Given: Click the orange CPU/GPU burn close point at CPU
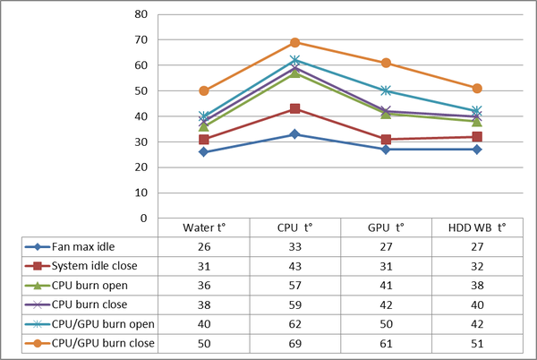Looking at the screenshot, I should coord(295,42).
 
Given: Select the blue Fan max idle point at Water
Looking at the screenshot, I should coord(204,152).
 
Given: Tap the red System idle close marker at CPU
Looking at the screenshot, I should coord(295,108).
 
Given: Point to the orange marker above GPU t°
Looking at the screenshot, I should coord(386,63).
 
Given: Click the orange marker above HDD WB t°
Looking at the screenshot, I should coord(477,89).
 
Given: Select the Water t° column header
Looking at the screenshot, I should coord(204,227).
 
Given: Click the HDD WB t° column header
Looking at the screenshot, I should coord(477,227).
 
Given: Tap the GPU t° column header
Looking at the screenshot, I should coord(386,227).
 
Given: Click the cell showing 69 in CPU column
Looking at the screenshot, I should coord(295,343).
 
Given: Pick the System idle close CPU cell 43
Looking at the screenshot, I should coord(295,266).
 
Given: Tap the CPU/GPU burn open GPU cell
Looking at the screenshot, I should coord(386,323).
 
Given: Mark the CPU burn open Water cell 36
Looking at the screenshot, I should coord(204,285).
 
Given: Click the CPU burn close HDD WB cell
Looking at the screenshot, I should coord(477,304).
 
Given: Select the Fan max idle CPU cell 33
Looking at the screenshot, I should coord(295,246).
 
